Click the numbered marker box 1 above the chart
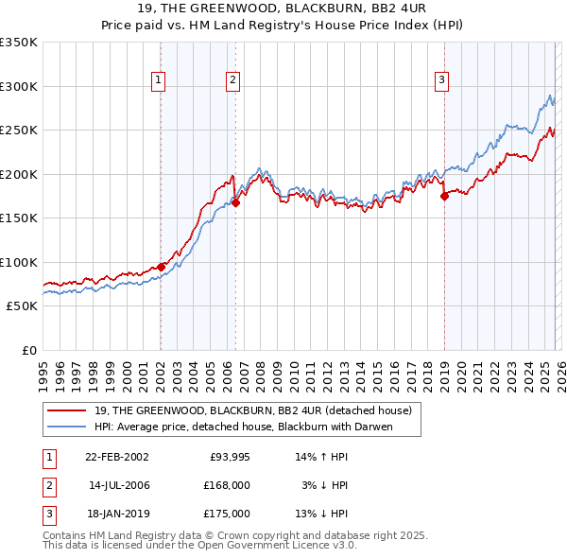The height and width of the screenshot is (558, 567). tap(159, 81)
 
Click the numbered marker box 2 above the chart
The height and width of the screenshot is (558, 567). tap(232, 81)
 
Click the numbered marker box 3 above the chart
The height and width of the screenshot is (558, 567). tap(441, 81)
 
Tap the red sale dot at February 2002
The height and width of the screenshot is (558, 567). tap(161, 267)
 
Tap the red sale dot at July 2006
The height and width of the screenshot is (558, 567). tap(235, 201)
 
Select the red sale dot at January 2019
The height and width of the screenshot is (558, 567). tap(444, 196)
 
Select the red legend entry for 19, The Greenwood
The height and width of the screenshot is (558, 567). tap(252, 411)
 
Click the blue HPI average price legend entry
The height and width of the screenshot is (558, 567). tap(242, 427)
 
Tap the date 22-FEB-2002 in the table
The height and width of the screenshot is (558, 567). tap(116, 457)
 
